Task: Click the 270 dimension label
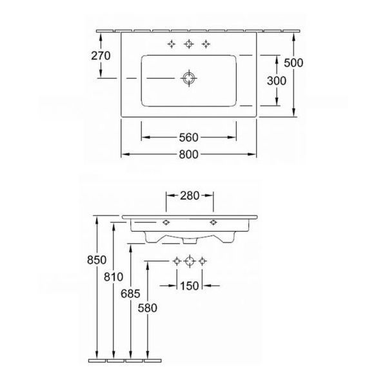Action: click(101, 55)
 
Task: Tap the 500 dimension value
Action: click(293, 63)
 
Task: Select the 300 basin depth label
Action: click(277, 81)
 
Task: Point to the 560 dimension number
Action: click(189, 137)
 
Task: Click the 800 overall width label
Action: click(189, 155)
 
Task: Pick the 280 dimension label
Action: click(190, 195)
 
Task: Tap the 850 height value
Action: click(97, 260)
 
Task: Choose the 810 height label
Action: click(114, 277)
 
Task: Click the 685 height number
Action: click(130, 293)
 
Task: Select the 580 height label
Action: click(148, 308)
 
